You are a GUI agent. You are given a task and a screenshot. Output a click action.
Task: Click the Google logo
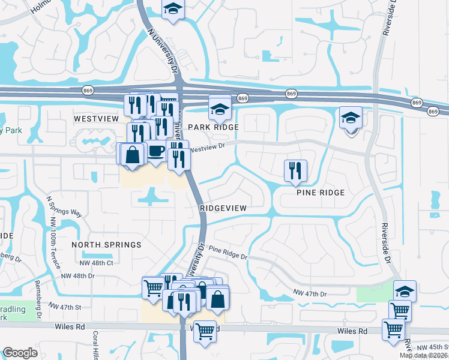coord(20,353)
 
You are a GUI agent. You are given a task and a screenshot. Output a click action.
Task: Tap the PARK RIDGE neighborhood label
coord(213,127)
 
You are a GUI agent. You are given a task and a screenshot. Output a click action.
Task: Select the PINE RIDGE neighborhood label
coord(321,193)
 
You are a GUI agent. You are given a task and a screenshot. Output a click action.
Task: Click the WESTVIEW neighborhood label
coord(96,119)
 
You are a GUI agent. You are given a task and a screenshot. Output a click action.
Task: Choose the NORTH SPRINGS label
coord(106,245)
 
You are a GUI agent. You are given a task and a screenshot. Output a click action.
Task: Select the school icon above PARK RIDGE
coord(220,109)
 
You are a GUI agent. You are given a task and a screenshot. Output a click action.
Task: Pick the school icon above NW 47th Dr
coord(405,292)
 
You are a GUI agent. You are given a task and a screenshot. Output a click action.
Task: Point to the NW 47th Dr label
coord(310,293)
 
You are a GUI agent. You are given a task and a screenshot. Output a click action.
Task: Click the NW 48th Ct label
coord(96,263)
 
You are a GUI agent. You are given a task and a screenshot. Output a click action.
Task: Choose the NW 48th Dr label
coord(78,275)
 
